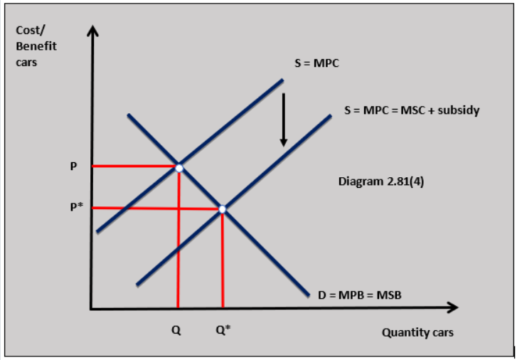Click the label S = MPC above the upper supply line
click(317, 63)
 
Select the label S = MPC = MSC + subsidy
click(412, 111)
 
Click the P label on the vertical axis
click(73, 166)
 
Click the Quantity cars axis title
click(417, 332)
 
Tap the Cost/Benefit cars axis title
click(36, 47)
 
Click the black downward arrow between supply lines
click(283, 118)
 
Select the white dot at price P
click(179, 168)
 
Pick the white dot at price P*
click(223, 208)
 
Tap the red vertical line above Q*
click(223, 260)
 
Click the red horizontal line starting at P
click(135, 166)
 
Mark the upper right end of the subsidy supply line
click(331, 115)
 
